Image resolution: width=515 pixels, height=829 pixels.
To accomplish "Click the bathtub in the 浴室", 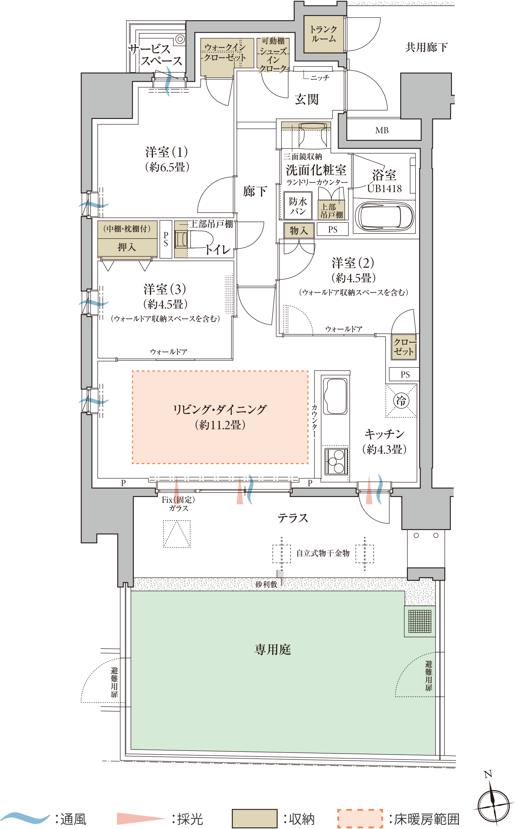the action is (384, 217).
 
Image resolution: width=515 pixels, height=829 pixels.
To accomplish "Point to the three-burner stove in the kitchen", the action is (336, 461).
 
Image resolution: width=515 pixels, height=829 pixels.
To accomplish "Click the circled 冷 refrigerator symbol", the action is (401, 400).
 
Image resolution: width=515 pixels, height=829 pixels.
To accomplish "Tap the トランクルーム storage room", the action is (324, 34).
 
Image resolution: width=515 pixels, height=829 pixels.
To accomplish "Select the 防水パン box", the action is (298, 206).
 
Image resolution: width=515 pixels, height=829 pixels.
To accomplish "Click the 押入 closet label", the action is (127, 247).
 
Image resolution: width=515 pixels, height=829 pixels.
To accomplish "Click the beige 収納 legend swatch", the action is (254, 819).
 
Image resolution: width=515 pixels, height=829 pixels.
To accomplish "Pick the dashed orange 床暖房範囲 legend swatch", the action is (360, 819).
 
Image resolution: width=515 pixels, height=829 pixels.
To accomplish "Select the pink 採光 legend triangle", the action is (140, 819).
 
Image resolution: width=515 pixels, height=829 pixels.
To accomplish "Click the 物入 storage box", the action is (299, 230).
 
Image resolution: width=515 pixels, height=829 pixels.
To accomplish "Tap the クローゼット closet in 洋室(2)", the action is (403, 347).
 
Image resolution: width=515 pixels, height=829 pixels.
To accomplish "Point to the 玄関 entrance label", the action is (307, 99).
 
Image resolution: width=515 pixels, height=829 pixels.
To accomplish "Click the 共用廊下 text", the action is (426, 47).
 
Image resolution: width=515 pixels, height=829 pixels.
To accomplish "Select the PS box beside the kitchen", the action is (404, 374).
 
